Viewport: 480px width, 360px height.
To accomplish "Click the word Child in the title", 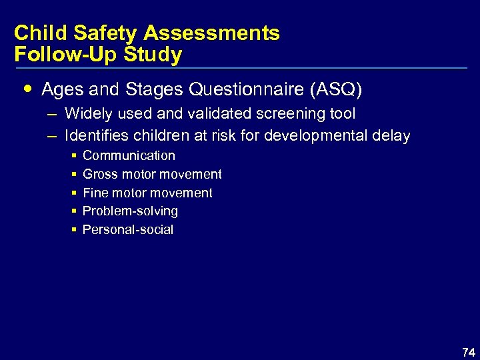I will tap(39, 33).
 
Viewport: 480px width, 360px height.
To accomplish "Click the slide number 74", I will tap(468, 353).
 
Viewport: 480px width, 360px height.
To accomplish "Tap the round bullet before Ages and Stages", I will tap(27, 88).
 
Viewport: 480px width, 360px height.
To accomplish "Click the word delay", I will tap(392, 136).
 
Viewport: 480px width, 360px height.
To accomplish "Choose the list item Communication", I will tap(129, 156).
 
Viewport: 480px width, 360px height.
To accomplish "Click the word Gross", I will tap(99, 175).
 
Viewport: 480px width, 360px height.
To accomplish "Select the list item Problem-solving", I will tap(130, 211).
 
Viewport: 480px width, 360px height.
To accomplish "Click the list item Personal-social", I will tap(127, 230).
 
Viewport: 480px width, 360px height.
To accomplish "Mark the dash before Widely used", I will tap(52, 114).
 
